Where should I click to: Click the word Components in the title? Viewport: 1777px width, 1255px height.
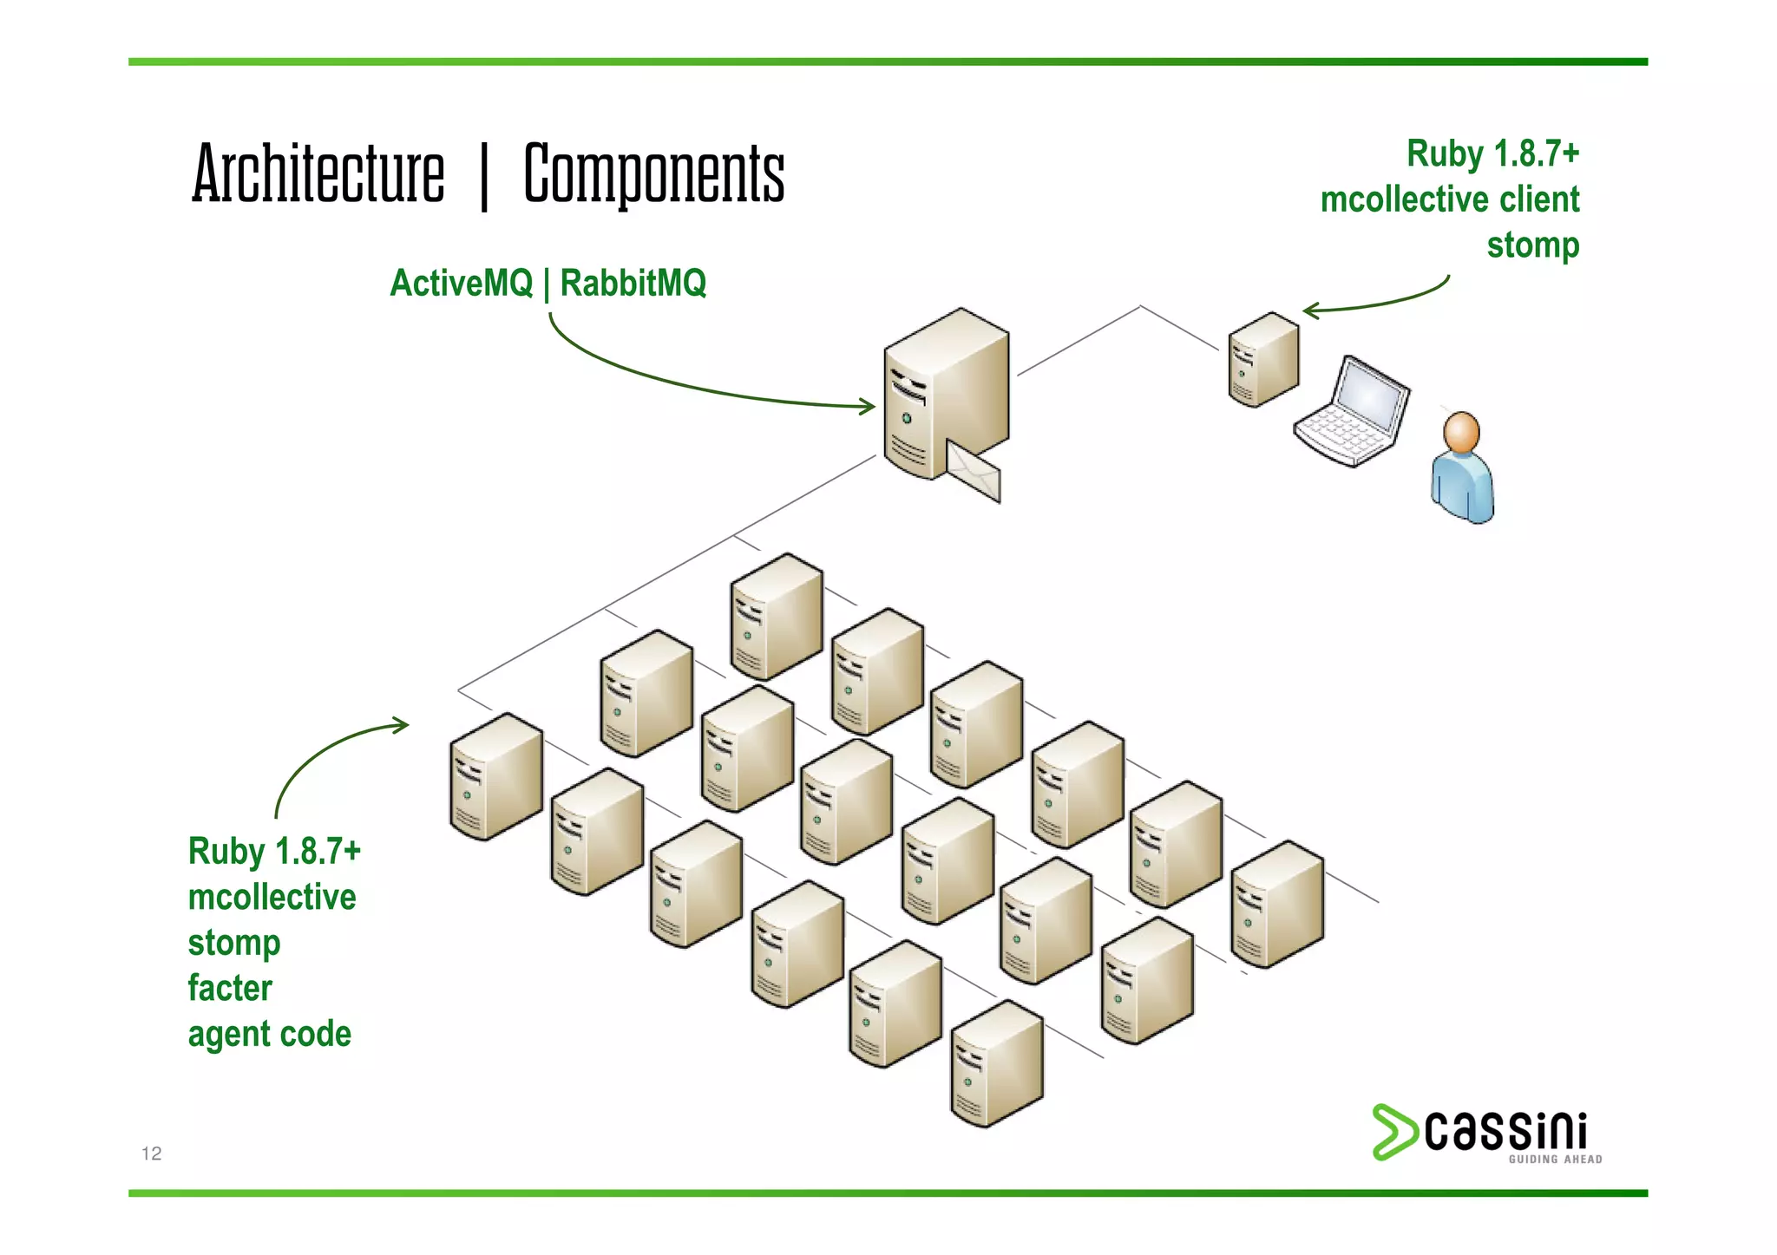point(654,175)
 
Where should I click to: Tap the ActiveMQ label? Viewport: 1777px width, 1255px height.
point(461,283)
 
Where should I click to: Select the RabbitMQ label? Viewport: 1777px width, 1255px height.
point(633,283)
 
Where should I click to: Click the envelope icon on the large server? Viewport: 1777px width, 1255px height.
point(974,471)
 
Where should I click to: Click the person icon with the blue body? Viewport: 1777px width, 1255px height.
point(1463,468)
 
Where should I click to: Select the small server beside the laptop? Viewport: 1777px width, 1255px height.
point(1263,360)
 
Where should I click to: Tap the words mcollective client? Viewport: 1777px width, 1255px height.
point(1449,199)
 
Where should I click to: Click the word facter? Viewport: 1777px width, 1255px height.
point(230,988)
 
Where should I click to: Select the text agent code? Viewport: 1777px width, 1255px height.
point(270,1034)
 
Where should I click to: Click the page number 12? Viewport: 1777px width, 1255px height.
point(152,1153)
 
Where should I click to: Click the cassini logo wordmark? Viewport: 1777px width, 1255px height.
point(1505,1131)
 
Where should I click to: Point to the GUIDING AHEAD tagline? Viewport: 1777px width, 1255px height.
point(1555,1160)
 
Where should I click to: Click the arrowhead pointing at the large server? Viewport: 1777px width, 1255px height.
point(868,406)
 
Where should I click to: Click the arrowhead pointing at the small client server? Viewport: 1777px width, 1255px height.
point(1310,310)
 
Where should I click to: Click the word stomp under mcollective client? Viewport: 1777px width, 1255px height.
point(1533,245)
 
